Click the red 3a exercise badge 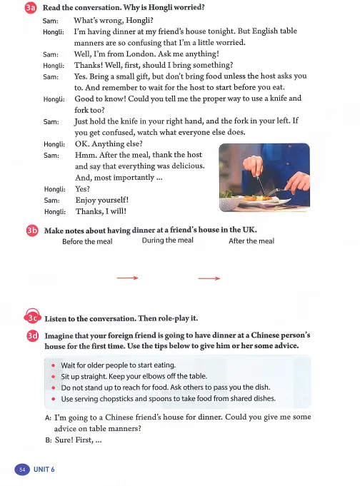pos(31,7)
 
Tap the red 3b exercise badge pos(32,231)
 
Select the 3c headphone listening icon pos(33,316)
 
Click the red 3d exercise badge pos(33,336)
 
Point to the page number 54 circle pos(22,470)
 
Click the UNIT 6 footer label pos(44,470)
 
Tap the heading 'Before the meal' pos(87,241)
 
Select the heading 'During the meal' pos(168,241)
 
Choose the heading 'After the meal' pos(251,241)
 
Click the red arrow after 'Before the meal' pos(127,278)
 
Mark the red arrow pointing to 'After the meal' pos(209,278)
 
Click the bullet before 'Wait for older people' pos(54,365)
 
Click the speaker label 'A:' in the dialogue pos(48,417)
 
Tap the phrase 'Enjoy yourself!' pos(102,201)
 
